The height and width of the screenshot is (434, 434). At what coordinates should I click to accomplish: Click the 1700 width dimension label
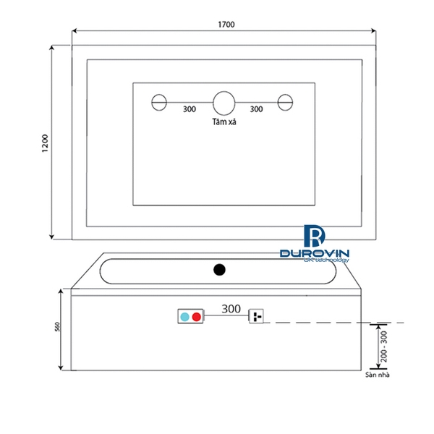click(226, 25)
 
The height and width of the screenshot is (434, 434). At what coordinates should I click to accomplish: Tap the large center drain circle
click(224, 102)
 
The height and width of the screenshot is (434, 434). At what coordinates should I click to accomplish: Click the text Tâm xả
click(225, 123)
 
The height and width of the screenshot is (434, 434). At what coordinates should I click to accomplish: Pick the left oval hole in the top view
click(158, 102)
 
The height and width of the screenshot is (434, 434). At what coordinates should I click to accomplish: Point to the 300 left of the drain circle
click(190, 109)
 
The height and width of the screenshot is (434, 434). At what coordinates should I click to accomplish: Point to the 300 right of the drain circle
click(256, 109)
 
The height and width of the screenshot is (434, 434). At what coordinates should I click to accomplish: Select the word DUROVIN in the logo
click(315, 254)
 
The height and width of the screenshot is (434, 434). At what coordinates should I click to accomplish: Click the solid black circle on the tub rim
click(220, 271)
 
